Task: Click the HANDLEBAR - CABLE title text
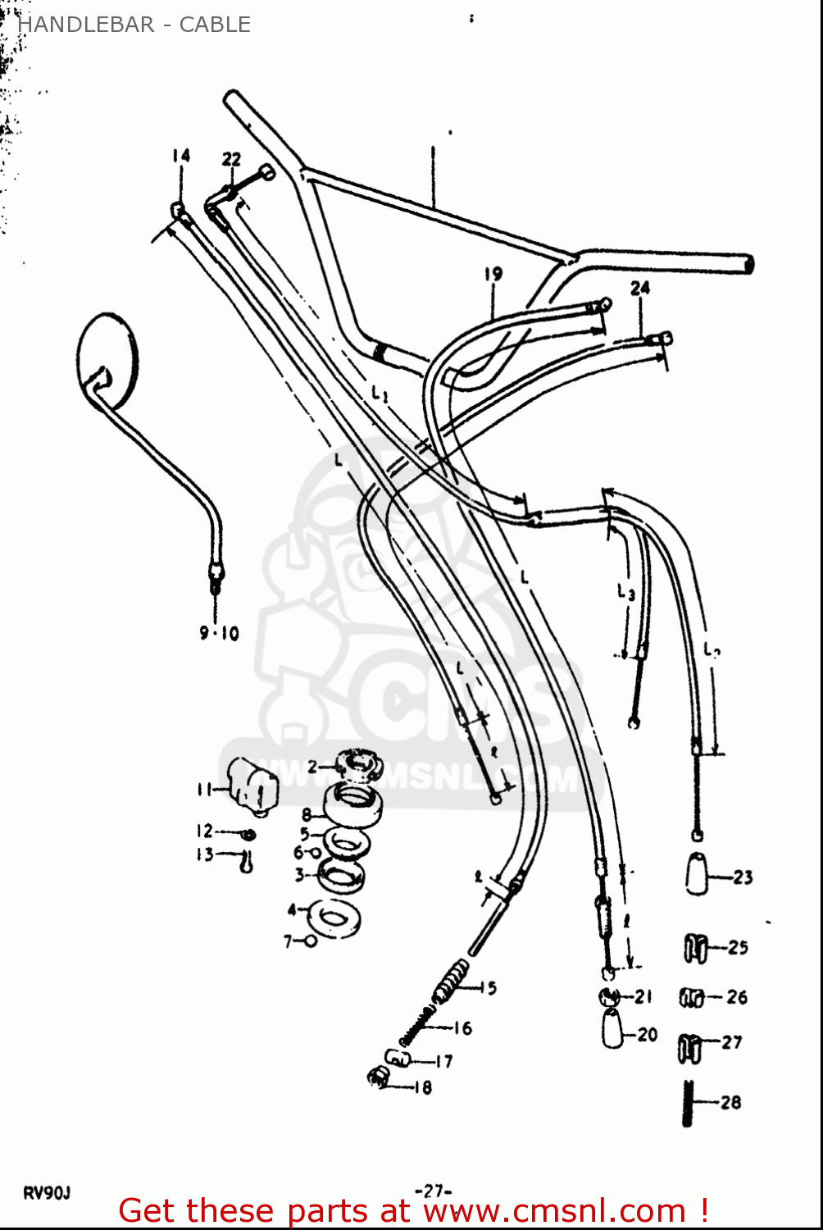pyautogui.click(x=134, y=25)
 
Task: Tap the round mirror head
pyautogui.click(x=107, y=361)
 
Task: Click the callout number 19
pyautogui.click(x=493, y=274)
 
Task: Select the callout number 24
pyautogui.click(x=640, y=288)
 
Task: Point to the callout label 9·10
pyautogui.click(x=219, y=633)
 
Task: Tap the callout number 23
pyautogui.click(x=743, y=877)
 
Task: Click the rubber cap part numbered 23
pyautogui.click(x=698, y=874)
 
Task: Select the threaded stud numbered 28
pyautogui.click(x=689, y=1103)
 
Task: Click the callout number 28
pyautogui.click(x=731, y=1103)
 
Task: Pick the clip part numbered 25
pyautogui.click(x=696, y=948)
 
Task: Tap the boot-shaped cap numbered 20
pyautogui.click(x=614, y=1028)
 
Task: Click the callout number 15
pyautogui.click(x=489, y=988)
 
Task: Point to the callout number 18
pyautogui.click(x=423, y=1088)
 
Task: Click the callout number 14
pyautogui.click(x=181, y=155)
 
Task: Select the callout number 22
pyautogui.click(x=232, y=159)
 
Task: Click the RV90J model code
pyautogui.click(x=47, y=1193)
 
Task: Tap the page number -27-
pyautogui.click(x=434, y=1191)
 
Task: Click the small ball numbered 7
pyautogui.click(x=311, y=941)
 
